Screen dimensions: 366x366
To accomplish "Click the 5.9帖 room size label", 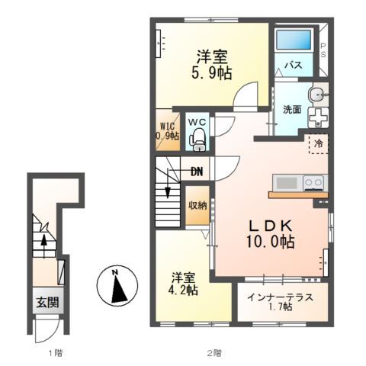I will (213, 73).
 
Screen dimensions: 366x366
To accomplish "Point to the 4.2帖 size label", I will (184, 291).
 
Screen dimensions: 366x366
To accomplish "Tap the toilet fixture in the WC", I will (198, 138).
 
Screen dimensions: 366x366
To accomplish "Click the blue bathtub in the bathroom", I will (294, 41).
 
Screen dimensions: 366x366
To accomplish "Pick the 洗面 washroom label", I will (292, 109).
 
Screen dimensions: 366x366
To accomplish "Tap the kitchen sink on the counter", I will (287, 182).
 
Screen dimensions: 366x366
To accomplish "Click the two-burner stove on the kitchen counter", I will (313, 182).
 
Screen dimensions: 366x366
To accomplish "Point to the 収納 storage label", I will (197, 204).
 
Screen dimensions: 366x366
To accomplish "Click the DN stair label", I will (196, 172).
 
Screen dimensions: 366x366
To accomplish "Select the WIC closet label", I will (169, 130).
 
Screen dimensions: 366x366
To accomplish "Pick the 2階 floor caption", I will (213, 353).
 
